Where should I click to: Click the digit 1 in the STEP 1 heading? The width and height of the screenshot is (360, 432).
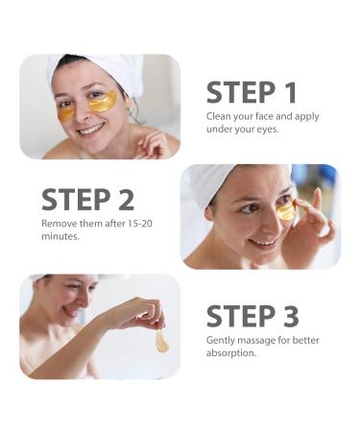pyautogui.click(x=289, y=92)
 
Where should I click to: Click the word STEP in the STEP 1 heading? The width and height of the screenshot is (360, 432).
pyautogui.click(x=240, y=92)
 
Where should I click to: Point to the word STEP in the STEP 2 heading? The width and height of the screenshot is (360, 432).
pyautogui.click(x=77, y=201)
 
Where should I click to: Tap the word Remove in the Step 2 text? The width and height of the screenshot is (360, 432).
pyautogui.click(x=60, y=224)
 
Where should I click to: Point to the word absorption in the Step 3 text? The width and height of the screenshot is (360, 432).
pyautogui.click(x=230, y=352)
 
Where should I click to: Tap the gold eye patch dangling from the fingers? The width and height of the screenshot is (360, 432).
pyautogui.click(x=162, y=341)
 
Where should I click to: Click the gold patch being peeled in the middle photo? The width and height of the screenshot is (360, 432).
pyautogui.click(x=286, y=212)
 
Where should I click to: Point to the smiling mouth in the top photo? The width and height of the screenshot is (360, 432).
pyautogui.click(x=92, y=128)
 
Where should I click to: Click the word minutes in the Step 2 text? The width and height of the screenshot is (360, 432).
pyautogui.click(x=60, y=236)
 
